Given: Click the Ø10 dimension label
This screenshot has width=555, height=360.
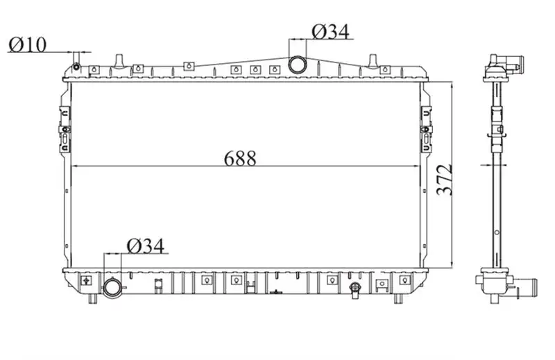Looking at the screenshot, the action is [x=28, y=44].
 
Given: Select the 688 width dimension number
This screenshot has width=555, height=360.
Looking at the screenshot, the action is [x=240, y=158].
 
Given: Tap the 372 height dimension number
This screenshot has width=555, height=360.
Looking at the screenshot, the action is [x=445, y=180].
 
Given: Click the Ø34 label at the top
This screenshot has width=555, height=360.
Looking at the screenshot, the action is [x=331, y=31].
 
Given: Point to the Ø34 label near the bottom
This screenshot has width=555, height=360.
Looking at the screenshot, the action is [x=146, y=246].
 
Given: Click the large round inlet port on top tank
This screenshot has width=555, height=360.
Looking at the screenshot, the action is [x=297, y=65].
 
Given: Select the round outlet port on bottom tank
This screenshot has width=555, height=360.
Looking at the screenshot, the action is [x=112, y=286].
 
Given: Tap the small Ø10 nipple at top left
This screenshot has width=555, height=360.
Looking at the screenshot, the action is [x=76, y=66].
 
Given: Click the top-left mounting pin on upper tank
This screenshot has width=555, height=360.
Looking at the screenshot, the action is [x=119, y=61].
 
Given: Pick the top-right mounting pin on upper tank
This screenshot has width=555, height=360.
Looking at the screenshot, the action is [x=373, y=61].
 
